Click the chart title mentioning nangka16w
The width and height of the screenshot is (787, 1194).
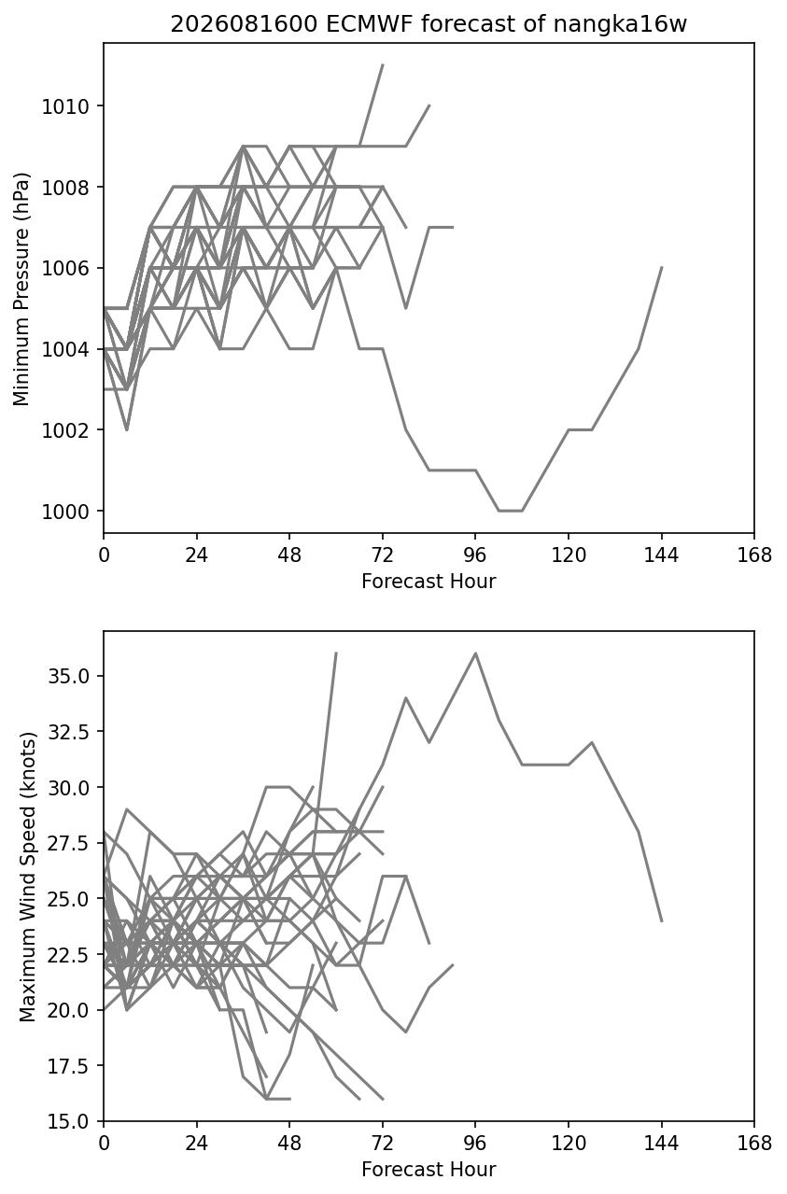pos(429,24)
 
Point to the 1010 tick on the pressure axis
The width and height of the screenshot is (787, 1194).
pos(65,106)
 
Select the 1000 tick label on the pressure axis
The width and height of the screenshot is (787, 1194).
pos(65,512)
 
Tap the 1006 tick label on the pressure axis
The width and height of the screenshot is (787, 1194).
pos(65,268)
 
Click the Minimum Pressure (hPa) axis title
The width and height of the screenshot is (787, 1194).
pos(21,288)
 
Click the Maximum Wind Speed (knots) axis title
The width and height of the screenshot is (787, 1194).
pos(27,876)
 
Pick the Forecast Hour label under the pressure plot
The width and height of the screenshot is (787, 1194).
pos(429,581)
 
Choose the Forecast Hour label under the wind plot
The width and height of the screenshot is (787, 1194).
pos(429,1169)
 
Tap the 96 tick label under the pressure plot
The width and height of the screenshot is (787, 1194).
pos(475,555)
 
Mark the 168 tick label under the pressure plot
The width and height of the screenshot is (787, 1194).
pos(754,555)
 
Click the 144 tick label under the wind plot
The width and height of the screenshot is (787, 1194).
pos(661,1144)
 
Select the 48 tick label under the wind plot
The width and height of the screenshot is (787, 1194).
pos(289,1144)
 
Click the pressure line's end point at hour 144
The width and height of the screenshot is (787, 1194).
pos(662,267)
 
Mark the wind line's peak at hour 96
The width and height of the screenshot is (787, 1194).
pos(475,653)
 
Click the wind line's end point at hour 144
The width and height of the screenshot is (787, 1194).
pos(662,920)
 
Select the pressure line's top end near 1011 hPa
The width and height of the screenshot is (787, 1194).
pos(383,64)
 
